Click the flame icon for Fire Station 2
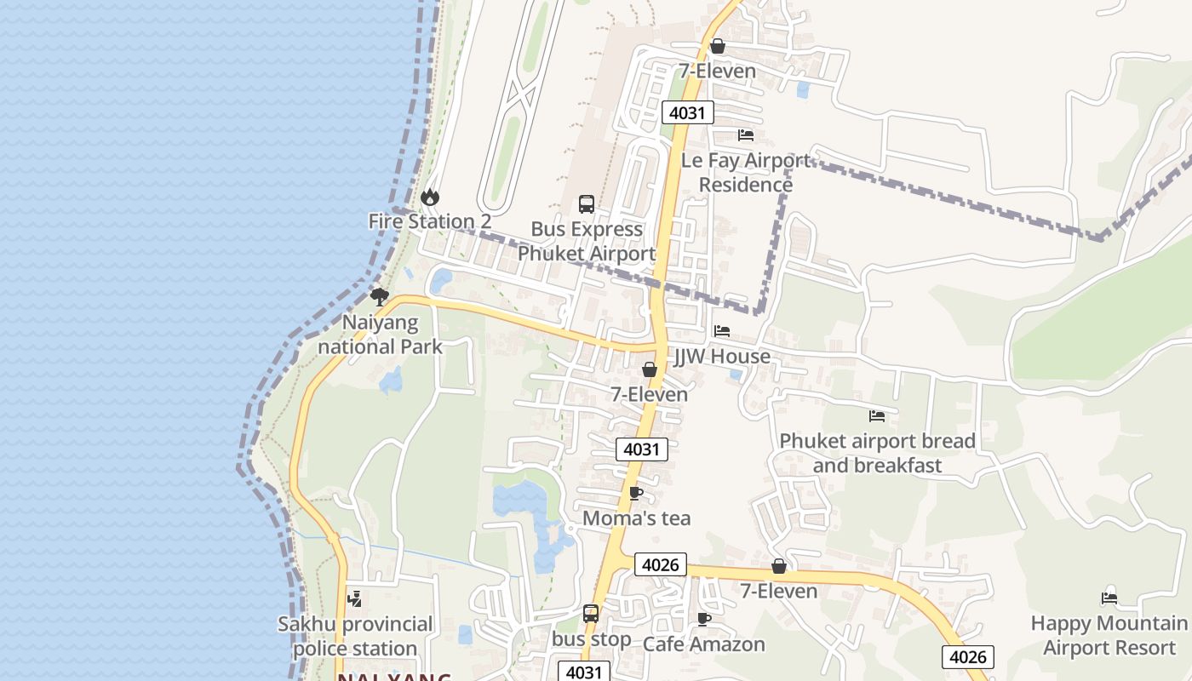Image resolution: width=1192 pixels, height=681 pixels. tap(430, 197)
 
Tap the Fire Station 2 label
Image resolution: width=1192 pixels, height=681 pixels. tap(429, 221)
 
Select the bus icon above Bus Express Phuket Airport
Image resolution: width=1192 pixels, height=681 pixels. tap(587, 204)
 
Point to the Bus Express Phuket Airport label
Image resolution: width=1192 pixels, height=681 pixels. tap(587, 241)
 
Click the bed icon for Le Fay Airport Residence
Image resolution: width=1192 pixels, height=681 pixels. tap(746, 135)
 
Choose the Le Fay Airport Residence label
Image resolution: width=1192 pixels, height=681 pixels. tap(746, 172)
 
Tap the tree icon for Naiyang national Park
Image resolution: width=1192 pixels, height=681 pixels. tap(380, 296)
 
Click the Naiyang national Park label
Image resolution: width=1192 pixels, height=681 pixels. tap(380, 335)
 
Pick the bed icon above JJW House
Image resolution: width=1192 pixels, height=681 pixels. tap(722, 331)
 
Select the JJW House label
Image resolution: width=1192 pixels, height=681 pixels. tap(722, 357)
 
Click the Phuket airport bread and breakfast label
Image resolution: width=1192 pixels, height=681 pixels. tap(877, 453)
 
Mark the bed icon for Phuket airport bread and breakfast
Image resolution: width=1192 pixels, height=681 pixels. tap(877, 416)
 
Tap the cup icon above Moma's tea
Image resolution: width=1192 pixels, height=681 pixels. tap(635, 493)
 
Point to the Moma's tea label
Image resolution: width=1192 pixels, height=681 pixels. tap(636, 518)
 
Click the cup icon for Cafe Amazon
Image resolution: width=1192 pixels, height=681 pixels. tap(703, 619)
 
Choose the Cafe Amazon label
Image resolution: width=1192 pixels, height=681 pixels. tap(703, 644)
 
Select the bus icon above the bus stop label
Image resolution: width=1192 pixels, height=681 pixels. tap(591, 614)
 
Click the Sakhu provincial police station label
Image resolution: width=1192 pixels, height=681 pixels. tap(355, 636)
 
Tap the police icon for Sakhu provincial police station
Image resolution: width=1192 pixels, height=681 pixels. tap(355, 598)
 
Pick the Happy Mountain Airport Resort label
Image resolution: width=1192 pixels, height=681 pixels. tap(1109, 635)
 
